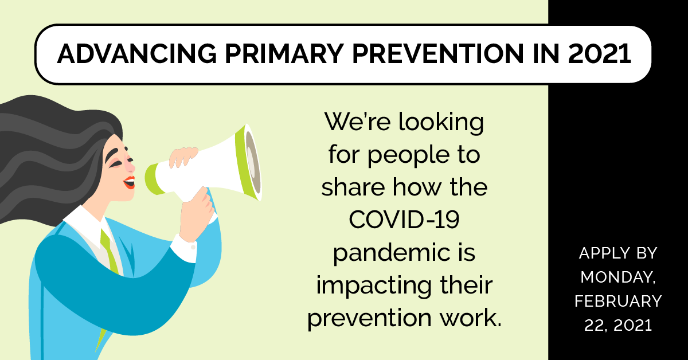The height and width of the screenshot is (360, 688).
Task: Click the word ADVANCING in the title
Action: pos(136,54)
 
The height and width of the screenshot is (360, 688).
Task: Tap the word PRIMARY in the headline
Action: pos(284,54)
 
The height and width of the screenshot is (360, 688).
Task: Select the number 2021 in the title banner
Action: pos(600,54)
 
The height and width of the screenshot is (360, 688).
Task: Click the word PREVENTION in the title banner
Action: pos(438,54)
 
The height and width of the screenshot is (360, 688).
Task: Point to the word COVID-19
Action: pos(404,220)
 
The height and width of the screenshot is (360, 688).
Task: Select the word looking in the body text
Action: pos(441,123)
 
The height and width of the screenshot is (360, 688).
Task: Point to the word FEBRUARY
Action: pos(618,301)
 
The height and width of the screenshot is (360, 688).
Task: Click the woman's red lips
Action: pos(130,182)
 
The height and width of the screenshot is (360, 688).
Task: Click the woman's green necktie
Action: pos(110,252)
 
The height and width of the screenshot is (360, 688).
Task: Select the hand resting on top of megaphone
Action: pos(183,156)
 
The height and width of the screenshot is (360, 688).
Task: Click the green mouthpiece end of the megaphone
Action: pos(151,179)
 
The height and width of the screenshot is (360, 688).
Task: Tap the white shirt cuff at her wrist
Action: pos(184,248)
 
